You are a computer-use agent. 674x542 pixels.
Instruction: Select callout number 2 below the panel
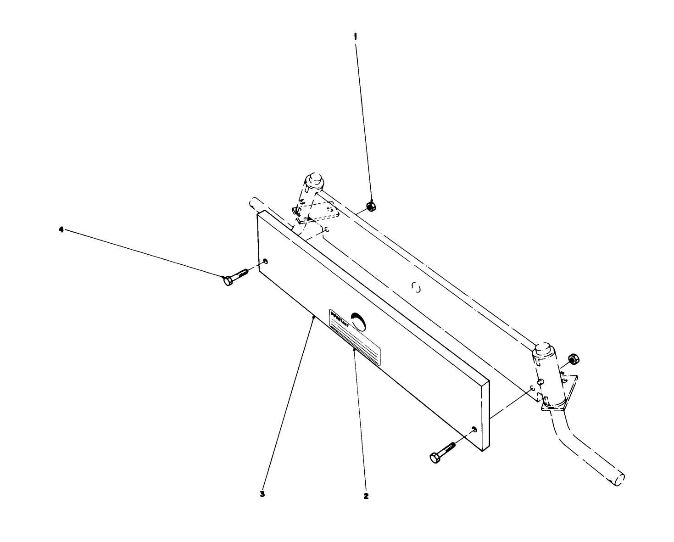pos(366,496)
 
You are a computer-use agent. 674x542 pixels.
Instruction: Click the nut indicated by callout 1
pos(372,206)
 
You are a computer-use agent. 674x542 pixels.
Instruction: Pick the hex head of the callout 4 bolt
pos(227,280)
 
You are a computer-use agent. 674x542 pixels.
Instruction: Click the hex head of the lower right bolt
pos(434,458)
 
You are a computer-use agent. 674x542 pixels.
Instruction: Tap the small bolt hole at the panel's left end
pos(265,262)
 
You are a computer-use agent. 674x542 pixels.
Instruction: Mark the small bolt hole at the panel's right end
pos(474,429)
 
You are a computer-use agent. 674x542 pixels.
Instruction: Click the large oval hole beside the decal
pos(358,321)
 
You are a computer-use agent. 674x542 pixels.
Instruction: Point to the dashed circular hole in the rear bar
pos(416,288)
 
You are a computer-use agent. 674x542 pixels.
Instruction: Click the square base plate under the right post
pos(561,394)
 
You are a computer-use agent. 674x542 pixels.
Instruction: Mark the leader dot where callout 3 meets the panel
pos(313,317)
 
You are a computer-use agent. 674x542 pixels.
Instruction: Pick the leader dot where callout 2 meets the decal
pos(354,350)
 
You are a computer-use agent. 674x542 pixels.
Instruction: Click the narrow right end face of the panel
pos(486,415)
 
